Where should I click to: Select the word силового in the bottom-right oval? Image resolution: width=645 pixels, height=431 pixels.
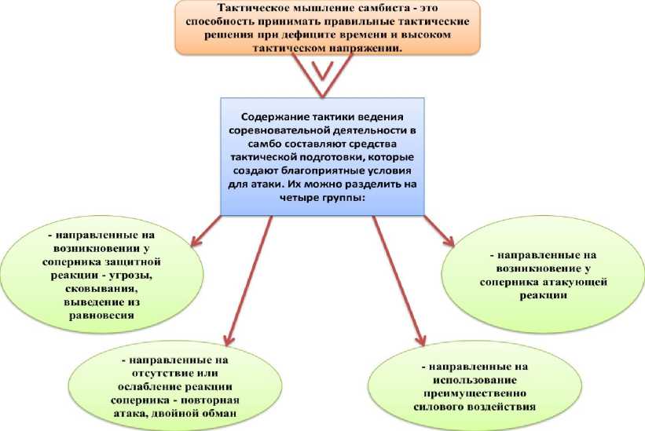440,407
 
